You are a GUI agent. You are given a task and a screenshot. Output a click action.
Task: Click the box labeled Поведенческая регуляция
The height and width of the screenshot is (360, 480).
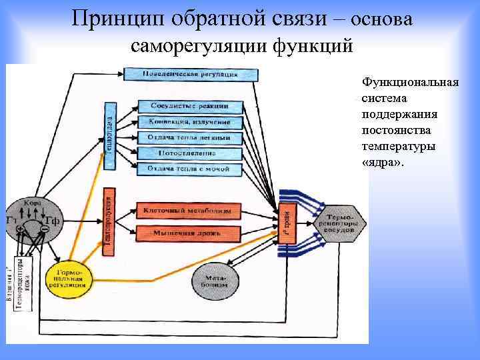coord(191,73)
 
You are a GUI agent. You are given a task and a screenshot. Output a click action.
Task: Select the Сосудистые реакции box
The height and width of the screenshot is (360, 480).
coord(190,106)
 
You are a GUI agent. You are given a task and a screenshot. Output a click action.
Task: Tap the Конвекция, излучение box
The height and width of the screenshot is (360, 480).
coord(190,122)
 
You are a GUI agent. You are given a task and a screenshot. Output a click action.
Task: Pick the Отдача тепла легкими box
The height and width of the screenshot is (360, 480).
coord(190,138)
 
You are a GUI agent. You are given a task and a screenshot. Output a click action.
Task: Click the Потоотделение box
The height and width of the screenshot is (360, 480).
coord(190,154)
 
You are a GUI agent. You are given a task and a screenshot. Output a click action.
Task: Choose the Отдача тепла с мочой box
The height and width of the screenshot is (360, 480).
coord(190,169)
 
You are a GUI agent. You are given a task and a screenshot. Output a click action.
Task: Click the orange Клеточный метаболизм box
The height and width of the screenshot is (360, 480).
coord(188,211)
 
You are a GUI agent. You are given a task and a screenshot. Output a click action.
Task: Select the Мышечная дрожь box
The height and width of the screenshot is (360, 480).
coord(188,233)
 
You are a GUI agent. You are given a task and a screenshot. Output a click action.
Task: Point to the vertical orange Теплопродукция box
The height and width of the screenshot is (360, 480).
coord(109,221)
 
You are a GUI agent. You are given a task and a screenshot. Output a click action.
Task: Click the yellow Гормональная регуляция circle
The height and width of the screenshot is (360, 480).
coord(70,277)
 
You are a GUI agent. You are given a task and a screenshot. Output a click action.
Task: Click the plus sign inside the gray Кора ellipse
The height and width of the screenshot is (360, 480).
coord(21,229)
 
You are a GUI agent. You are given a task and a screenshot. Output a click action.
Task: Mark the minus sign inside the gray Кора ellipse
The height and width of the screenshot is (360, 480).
coord(45,229)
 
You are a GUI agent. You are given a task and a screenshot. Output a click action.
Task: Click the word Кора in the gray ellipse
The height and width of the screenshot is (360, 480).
coord(32,203)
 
